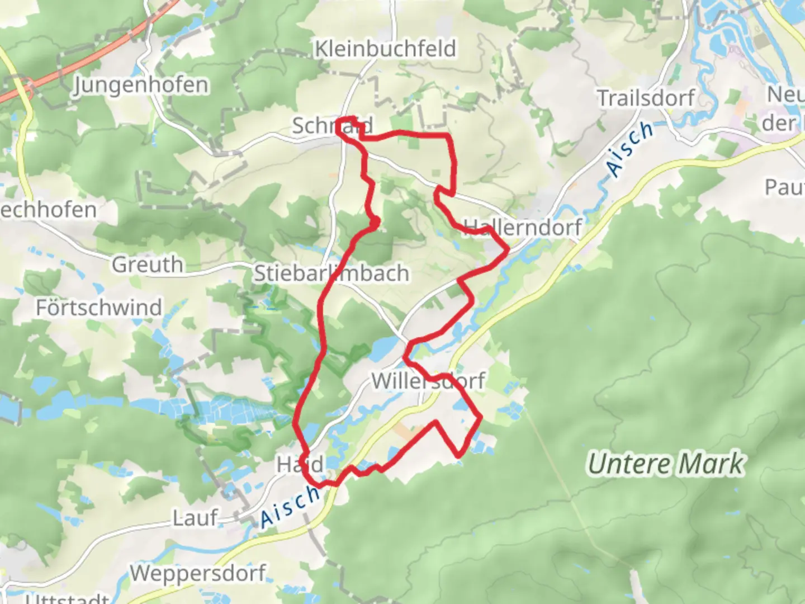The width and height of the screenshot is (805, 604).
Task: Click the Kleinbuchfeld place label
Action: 385,49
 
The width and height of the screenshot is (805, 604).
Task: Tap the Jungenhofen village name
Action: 141,85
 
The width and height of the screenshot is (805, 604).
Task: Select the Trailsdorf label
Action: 646,98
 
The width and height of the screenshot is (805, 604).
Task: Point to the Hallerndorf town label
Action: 523,227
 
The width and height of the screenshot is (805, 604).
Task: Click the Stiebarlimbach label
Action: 332,273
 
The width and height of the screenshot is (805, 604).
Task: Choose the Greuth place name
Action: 148,265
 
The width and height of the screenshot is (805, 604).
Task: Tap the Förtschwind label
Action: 99,308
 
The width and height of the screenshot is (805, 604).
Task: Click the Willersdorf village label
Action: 428,381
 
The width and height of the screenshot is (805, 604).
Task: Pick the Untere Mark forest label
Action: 666,464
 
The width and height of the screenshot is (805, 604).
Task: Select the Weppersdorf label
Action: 198,573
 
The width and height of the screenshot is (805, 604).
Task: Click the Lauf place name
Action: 195,518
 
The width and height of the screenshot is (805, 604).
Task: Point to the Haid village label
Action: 300,464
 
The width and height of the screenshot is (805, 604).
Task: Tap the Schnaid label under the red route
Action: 332,126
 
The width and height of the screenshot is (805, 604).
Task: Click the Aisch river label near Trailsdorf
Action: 630,149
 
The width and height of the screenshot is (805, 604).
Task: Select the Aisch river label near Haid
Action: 290,507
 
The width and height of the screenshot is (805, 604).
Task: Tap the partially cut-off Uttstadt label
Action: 67,598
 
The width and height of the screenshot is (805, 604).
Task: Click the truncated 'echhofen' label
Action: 49,210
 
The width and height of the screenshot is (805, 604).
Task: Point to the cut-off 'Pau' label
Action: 784,188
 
